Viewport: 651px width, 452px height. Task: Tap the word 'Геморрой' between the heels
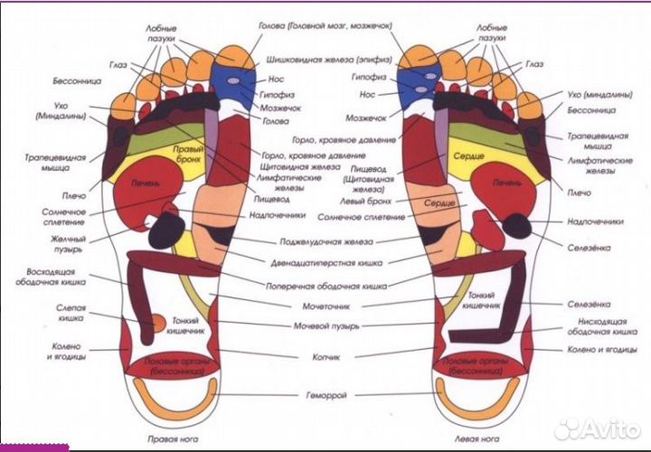(326, 396)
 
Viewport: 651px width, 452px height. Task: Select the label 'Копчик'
(326, 356)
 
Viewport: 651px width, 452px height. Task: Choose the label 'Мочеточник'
(326, 306)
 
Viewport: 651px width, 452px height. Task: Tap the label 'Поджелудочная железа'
(326, 241)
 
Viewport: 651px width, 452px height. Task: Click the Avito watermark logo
(597, 427)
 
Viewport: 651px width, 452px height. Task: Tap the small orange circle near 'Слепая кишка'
(156, 321)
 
